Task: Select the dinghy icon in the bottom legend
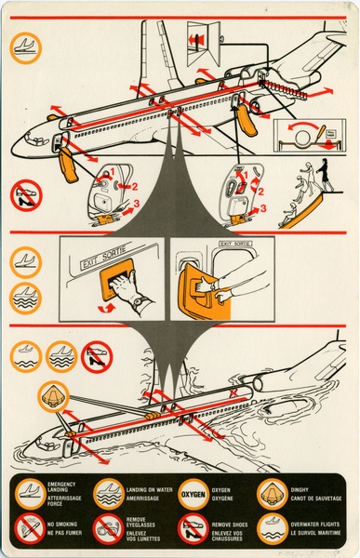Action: [x=271, y=493]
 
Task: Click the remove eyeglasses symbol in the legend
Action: [x=108, y=529]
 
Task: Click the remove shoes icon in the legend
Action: [x=192, y=529]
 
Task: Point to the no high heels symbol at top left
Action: [x=27, y=195]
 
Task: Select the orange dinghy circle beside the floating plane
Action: [x=52, y=396]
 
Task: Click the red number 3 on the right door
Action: [x=264, y=208]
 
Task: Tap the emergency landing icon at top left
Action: [x=26, y=47]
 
